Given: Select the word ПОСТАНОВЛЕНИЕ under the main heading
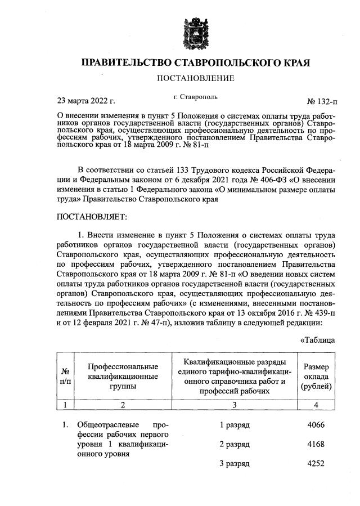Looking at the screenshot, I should [196, 78].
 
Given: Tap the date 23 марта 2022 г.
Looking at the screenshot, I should [86, 101].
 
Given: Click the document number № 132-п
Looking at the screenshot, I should [321, 102].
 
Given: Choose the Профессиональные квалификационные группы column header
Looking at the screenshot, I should [123, 376].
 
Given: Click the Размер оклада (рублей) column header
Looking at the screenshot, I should [317, 376].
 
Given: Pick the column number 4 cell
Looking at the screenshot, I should [317, 404].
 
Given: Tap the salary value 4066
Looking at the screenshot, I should [317, 424].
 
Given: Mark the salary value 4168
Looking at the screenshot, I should [317, 445].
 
